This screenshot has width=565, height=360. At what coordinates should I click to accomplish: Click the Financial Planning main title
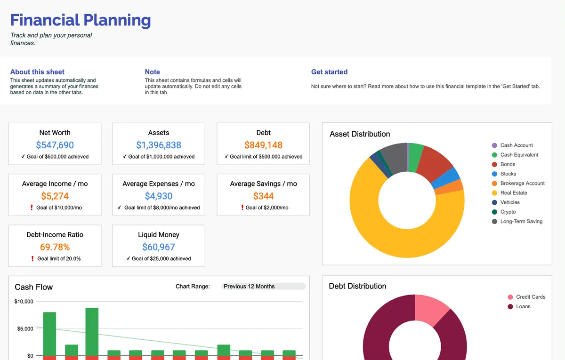click(x=81, y=20)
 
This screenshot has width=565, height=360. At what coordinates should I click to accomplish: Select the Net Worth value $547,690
click(x=55, y=145)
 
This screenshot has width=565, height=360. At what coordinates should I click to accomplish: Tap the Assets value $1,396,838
click(x=159, y=145)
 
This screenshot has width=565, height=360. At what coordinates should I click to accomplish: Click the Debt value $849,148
click(x=263, y=145)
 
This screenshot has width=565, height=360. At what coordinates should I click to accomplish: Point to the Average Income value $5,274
click(x=55, y=196)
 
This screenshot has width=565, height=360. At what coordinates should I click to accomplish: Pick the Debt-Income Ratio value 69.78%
click(x=55, y=247)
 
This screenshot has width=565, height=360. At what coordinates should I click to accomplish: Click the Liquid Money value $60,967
click(x=159, y=247)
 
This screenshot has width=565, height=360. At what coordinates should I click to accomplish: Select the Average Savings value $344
click(x=263, y=196)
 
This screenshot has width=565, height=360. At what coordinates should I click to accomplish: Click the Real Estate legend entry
click(x=513, y=193)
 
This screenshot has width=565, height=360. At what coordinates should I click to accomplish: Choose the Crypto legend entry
click(x=508, y=212)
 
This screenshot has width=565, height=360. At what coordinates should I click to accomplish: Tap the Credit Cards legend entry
click(x=530, y=297)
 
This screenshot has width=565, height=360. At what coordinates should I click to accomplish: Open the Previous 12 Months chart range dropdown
click(x=263, y=286)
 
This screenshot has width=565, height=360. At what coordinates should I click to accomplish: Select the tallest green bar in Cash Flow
click(x=92, y=332)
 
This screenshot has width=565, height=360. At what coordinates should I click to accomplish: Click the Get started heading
click(x=329, y=72)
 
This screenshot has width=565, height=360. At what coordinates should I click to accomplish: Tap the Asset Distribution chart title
click(x=360, y=134)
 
